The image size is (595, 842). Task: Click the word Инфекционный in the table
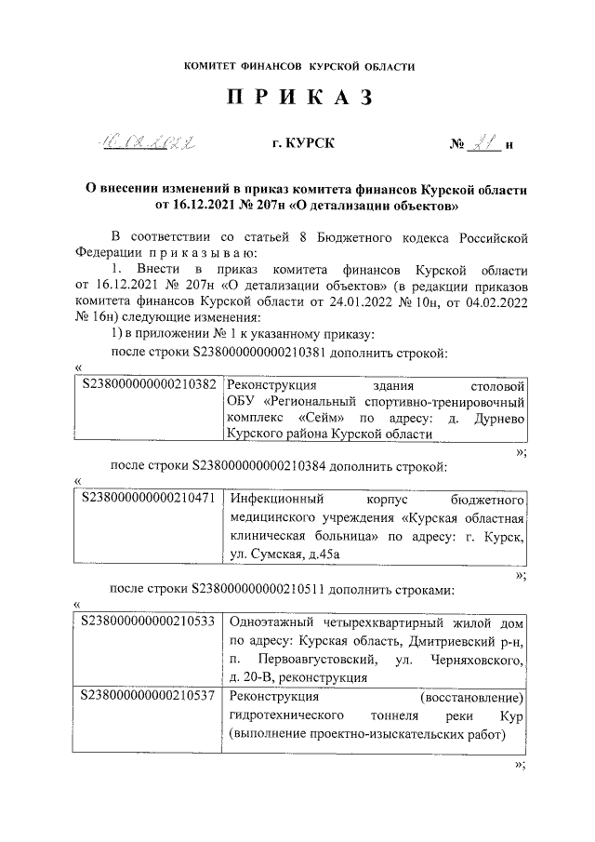point(274,498)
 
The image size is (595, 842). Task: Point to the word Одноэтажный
point(273,621)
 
